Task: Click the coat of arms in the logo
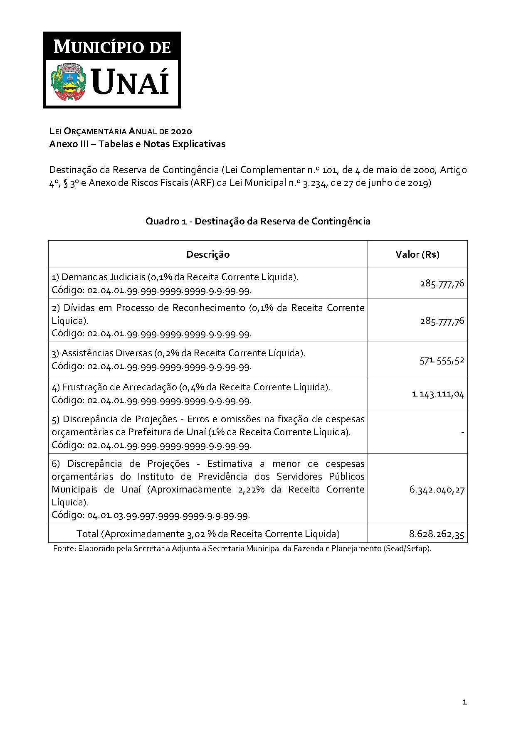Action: [x=68, y=81]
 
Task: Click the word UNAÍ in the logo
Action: [x=130, y=82]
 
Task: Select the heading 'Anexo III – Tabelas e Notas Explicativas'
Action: [x=137, y=144]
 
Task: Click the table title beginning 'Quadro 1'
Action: [x=258, y=221]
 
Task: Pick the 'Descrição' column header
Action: [x=208, y=254]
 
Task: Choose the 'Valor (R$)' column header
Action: [x=417, y=254]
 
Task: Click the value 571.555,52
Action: [x=442, y=360]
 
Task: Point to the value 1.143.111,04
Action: [x=438, y=394]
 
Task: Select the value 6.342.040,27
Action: [x=437, y=490]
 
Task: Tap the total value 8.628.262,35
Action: [x=437, y=534]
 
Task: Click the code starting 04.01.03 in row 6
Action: [x=168, y=515]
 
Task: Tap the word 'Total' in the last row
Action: [x=88, y=534]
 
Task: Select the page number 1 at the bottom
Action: [x=464, y=702]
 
